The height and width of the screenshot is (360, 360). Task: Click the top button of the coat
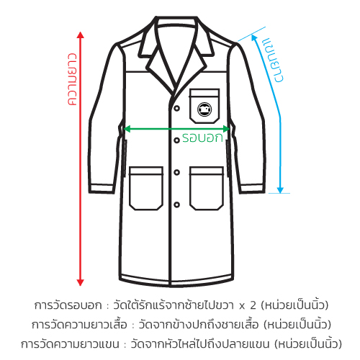177,108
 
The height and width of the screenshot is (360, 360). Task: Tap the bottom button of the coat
177,205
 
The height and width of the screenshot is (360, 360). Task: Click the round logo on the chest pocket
204,109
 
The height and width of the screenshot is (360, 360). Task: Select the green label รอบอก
202,138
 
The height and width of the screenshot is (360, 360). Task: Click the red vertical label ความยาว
72,79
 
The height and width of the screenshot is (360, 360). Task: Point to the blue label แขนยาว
273,60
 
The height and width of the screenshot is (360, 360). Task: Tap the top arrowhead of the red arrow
81,35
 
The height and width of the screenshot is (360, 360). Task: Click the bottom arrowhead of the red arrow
81,282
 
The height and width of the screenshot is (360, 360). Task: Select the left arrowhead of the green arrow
127,129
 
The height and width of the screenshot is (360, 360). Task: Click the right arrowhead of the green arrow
226,129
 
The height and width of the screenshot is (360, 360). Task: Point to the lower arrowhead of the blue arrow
280,190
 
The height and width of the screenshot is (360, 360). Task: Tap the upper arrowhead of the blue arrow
254,37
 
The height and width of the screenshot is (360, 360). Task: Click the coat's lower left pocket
146,189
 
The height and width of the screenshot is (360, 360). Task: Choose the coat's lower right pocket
207,189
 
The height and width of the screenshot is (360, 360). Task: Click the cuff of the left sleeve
101,189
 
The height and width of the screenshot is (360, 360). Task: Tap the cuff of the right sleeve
252,189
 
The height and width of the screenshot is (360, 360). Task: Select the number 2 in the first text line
253,305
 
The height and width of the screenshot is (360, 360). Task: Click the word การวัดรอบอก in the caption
68,305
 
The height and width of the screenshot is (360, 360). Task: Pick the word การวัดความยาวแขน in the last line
70,344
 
